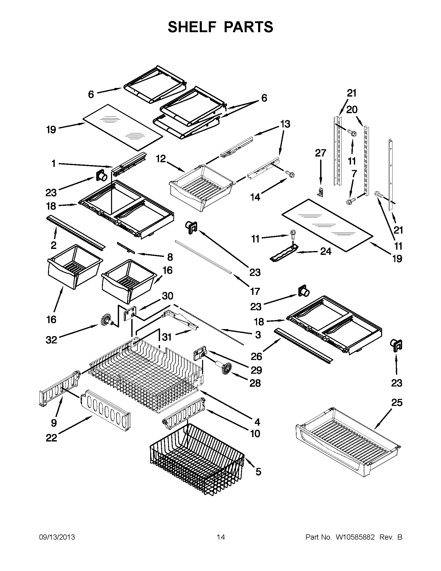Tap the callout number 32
click(x=51, y=340)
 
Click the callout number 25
click(x=397, y=403)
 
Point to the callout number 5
click(x=258, y=472)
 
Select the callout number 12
click(x=161, y=158)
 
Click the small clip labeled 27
click(x=320, y=192)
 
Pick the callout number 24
click(x=326, y=251)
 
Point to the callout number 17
click(x=255, y=291)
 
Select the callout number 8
click(x=170, y=257)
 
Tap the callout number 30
click(x=168, y=296)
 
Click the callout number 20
click(x=352, y=110)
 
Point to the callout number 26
click(x=257, y=356)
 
